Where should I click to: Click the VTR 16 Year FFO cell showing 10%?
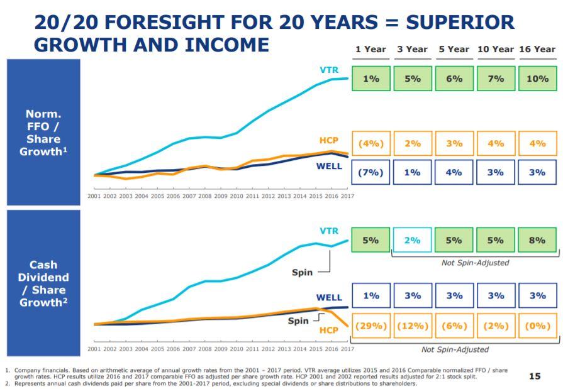[x=537, y=78]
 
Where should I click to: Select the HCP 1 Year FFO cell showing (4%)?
[x=371, y=143]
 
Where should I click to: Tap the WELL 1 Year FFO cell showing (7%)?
[x=371, y=172]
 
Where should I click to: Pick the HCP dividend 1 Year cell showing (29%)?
[x=371, y=326]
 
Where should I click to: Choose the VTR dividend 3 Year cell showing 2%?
[x=412, y=240]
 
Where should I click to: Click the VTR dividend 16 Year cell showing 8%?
[x=537, y=240]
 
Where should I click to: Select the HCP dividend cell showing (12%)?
[x=413, y=326]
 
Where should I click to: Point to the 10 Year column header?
[x=496, y=49]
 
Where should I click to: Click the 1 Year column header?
[x=371, y=49]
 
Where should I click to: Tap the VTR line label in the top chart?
[x=329, y=70]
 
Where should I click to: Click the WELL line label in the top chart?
[x=329, y=166]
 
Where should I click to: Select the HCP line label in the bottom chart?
[x=329, y=330]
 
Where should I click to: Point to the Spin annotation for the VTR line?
[x=302, y=272]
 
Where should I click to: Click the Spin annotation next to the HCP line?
[x=298, y=321]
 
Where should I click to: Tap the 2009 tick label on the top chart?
[x=221, y=196]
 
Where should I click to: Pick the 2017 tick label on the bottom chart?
[x=347, y=349]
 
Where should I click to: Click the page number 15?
[x=535, y=376]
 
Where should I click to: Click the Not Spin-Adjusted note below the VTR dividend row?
[x=475, y=263]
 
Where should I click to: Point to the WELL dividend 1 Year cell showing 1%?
[x=371, y=295]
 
